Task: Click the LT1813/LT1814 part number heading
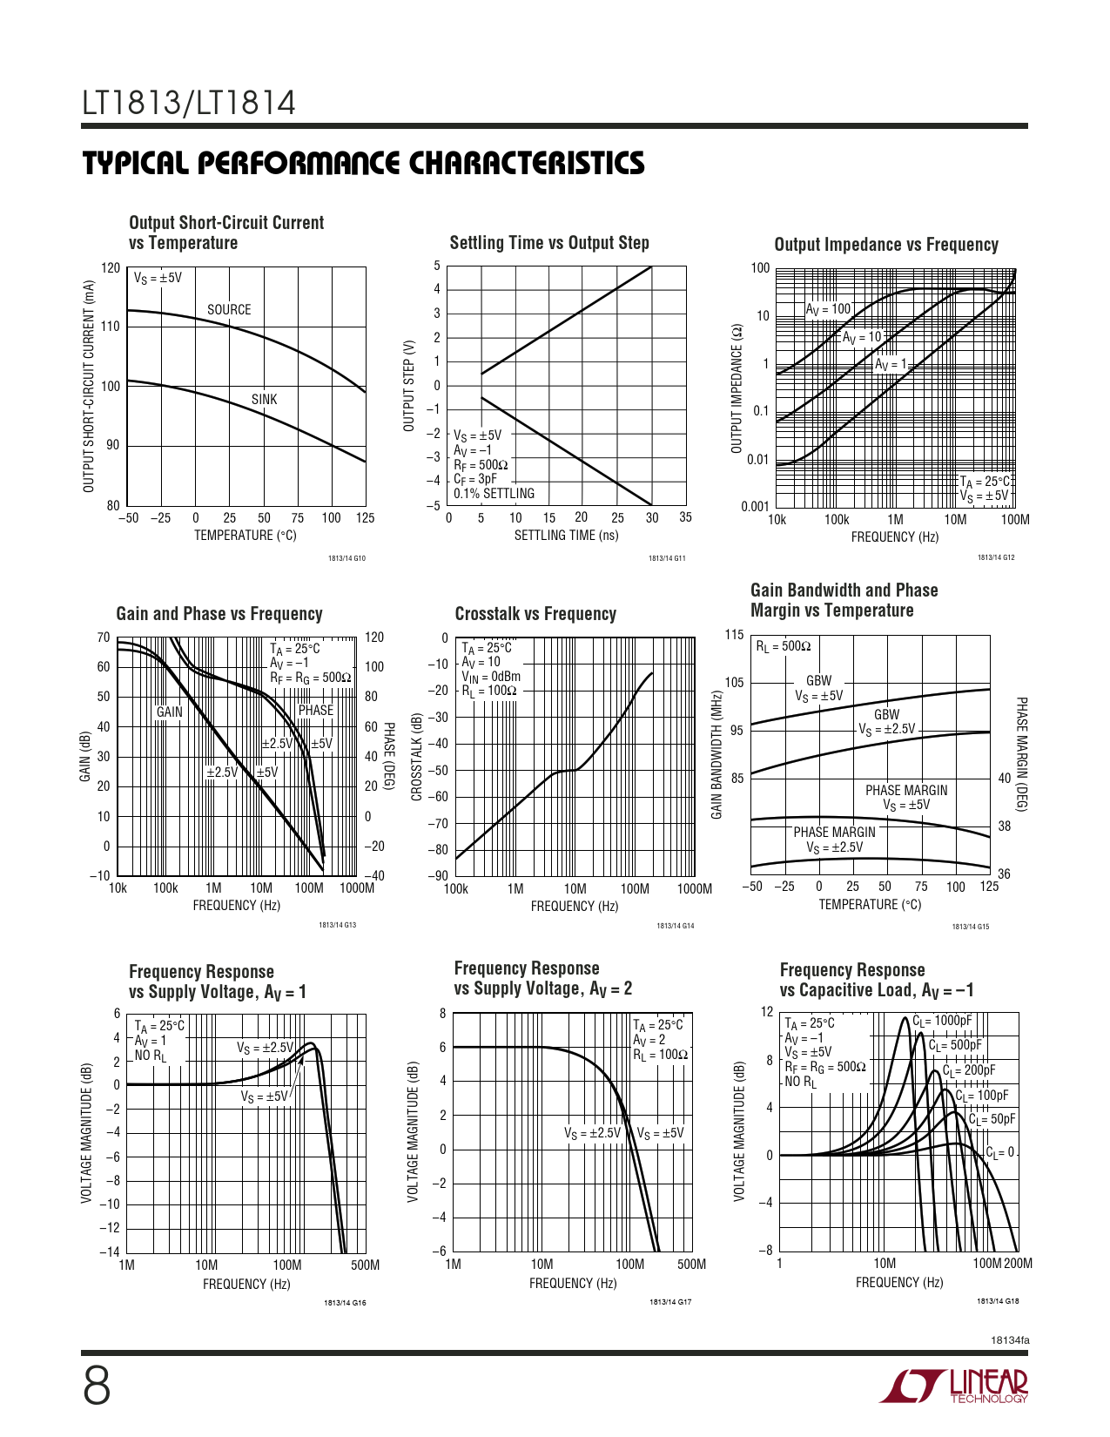[x=189, y=104]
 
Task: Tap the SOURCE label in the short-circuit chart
[x=229, y=310]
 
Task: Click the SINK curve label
[x=264, y=400]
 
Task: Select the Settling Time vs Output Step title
[x=549, y=243]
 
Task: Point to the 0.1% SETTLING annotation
[x=494, y=494]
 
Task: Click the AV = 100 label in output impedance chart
[x=828, y=309]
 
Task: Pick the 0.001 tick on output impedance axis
[x=755, y=507]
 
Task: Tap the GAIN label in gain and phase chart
[x=170, y=712]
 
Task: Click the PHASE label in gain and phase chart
[x=315, y=711]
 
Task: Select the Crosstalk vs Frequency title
[x=535, y=614]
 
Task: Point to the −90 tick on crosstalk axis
[x=439, y=876]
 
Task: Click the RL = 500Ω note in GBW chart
[x=783, y=646]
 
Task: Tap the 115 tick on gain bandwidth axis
[x=735, y=635]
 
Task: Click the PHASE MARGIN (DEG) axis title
[x=1022, y=754]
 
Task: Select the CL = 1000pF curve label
[x=942, y=1021]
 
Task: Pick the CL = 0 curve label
[x=1000, y=1152]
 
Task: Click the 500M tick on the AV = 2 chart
[x=691, y=1264]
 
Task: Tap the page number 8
[x=97, y=1386]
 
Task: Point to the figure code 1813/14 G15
[x=970, y=927]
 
